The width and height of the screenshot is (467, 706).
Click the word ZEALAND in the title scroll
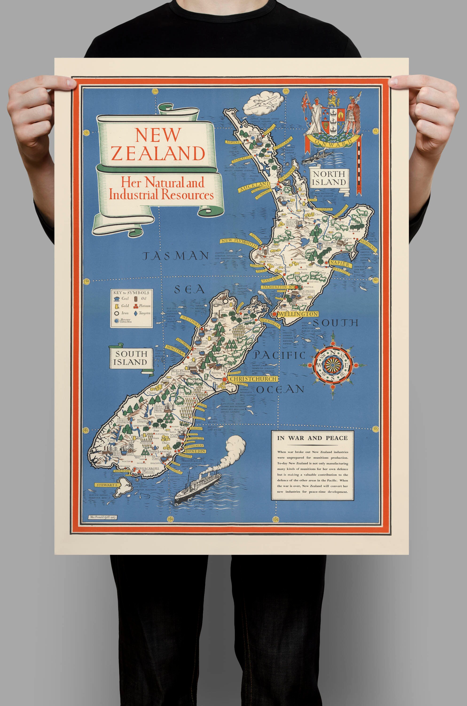point(158,153)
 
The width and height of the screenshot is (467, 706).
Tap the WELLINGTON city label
point(298,314)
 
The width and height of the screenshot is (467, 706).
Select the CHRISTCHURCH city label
point(253,379)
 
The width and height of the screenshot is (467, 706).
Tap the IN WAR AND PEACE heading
point(312,438)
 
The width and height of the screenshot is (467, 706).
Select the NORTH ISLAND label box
point(329,178)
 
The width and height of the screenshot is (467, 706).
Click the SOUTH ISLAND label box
point(131,358)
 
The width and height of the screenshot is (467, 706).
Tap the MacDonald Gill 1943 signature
point(102,517)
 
